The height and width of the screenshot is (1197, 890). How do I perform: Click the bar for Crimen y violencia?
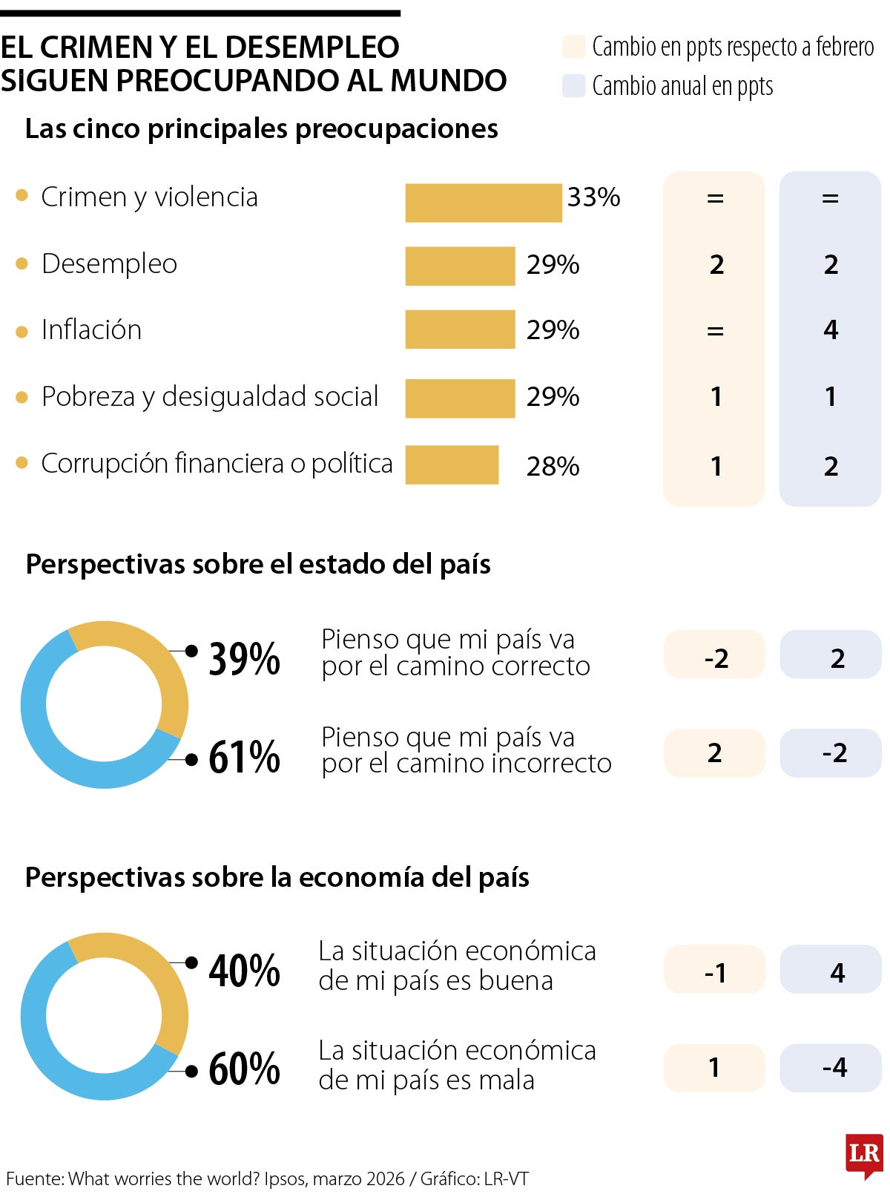click(483, 203)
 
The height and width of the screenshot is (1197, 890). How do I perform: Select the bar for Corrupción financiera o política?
click(452, 465)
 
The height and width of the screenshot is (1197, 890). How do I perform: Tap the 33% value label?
click(593, 197)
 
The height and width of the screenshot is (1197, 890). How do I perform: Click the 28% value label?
click(553, 466)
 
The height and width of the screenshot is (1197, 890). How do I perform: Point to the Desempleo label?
click(109, 264)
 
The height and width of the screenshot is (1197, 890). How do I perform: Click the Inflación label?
click(91, 330)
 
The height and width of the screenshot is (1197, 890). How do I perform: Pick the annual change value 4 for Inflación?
click(831, 329)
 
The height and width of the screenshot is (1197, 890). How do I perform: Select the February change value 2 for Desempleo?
click(716, 265)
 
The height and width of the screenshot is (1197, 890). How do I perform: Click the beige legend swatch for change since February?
click(574, 47)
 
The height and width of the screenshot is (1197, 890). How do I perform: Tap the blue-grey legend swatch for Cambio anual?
click(574, 86)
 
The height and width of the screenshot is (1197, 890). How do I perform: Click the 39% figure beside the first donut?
click(244, 658)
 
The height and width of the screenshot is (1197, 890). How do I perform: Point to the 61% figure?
click(244, 757)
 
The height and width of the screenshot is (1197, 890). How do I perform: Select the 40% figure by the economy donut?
click(244, 970)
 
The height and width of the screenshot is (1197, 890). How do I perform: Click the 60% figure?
click(244, 1069)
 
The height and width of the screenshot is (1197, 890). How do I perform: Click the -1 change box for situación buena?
click(714, 971)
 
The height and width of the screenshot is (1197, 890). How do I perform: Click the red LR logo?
click(864, 1155)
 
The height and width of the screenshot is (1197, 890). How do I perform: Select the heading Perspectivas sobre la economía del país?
click(277, 878)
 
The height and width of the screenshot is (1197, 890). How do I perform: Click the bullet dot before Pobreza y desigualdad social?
click(22, 397)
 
